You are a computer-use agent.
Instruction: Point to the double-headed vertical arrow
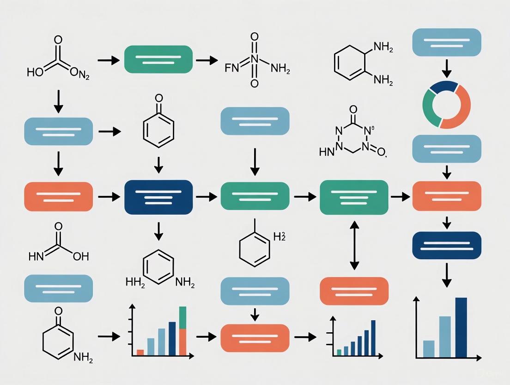coord(354,245)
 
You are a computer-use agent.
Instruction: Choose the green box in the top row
coord(158,59)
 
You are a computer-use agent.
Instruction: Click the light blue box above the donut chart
coord(447,42)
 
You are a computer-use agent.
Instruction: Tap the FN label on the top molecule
coord(230,69)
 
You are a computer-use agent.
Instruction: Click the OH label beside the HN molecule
coord(80,256)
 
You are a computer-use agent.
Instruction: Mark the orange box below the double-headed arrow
coord(354,291)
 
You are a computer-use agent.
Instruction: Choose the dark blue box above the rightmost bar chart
coord(447,246)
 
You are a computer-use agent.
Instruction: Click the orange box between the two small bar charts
coord(255,338)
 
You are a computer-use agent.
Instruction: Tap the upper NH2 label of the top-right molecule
coord(383,47)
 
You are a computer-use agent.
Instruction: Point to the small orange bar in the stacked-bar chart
coord(140,352)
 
